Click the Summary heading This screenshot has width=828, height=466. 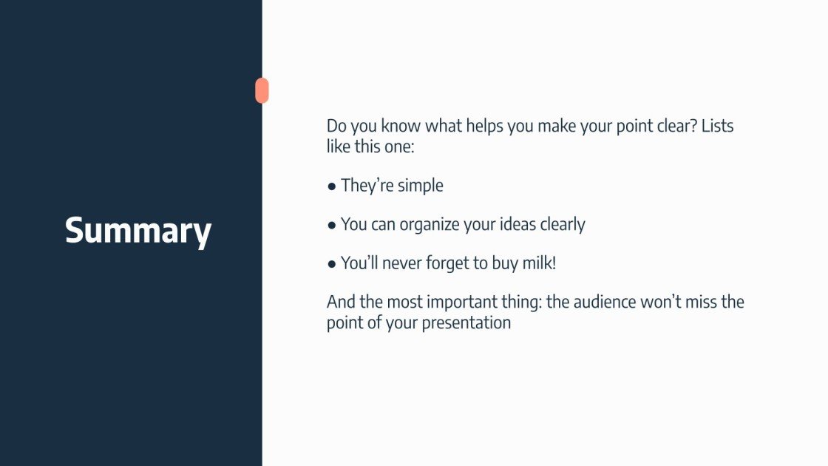pyautogui.click(x=138, y=230)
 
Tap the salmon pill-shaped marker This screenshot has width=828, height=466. pyautogui.click(x=262, y=90)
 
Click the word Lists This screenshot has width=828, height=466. pyautogui.click(x=717, y=126)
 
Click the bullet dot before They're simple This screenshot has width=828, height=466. pyautogui.click(x=332, y=186)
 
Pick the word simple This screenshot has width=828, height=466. pyautogui.click(x=420, y=186)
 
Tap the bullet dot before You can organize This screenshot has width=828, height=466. pyautogui.click(x=332, y=225)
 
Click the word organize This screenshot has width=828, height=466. pyautogui.click(x=430, y=225)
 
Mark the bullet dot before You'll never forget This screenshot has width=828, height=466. pyautogui.click(x=332, y=263)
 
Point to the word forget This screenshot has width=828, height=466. pyautogui.click(x=449, y=263)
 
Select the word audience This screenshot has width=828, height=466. pyautogui.click(x=612, y=302)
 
